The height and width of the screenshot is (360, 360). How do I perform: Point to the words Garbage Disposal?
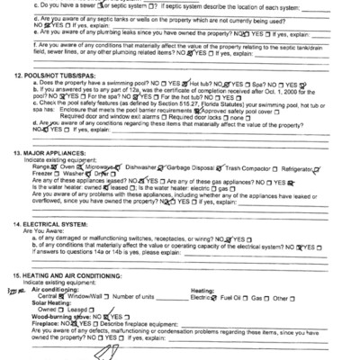194,167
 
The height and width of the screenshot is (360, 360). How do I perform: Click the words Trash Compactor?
248,167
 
